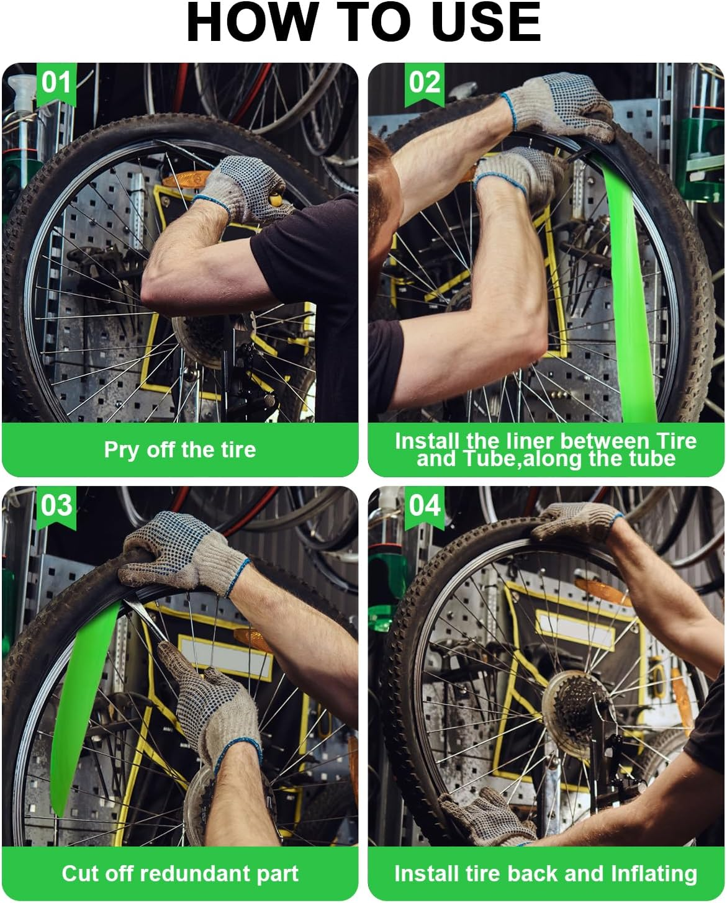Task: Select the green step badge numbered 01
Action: [x=56, y=82]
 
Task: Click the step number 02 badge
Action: [x=425, y=82]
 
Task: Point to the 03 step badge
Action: [x=56, y=506]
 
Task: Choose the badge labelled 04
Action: [x=425, y=506]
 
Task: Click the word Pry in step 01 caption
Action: [x=121, y=450]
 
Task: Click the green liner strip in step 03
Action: [x=81, y=701]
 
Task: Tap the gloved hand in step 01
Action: [x=245, y=189]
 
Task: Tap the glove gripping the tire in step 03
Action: [x=180, y=552]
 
